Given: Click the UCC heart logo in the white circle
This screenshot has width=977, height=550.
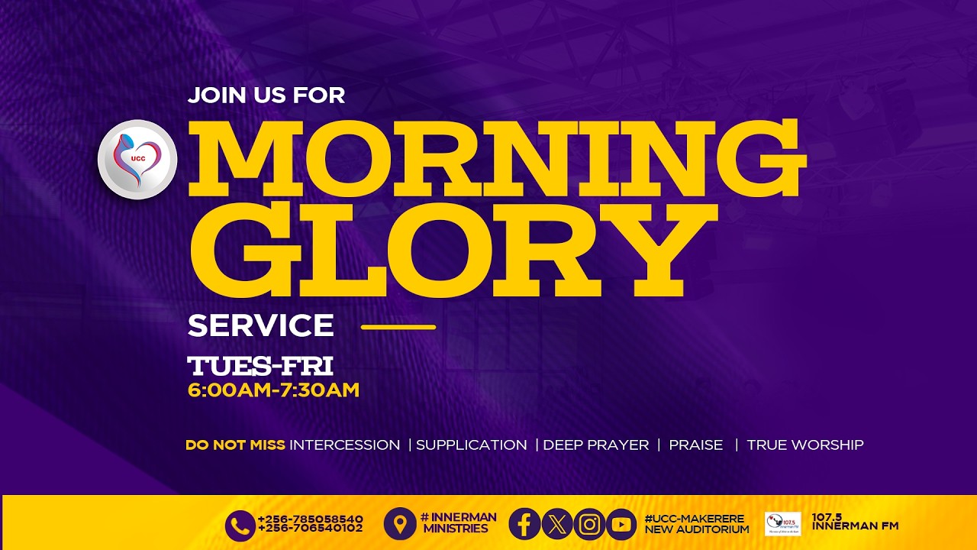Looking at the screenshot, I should coord(137,160).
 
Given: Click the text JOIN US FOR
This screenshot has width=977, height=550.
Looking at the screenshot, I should coord(266,95).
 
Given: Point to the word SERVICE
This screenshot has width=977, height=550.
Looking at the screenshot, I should coord(260,325).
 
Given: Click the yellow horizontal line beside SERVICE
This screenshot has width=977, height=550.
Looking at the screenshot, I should coord(398,327).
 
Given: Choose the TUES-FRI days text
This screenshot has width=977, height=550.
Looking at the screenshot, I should coord(260,365).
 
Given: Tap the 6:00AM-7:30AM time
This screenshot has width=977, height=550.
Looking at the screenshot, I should coord(273,390).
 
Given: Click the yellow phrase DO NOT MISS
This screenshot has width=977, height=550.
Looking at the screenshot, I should coord(235,445).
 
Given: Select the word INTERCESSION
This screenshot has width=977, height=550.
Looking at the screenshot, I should coord(344,445).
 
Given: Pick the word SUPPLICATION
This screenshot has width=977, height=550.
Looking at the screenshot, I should coord(471,445).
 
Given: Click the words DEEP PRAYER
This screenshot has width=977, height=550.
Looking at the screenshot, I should coord(595,445).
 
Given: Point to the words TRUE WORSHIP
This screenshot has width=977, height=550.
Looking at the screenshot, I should coord(804,445).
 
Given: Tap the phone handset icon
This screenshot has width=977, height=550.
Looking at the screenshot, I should coord(240,525).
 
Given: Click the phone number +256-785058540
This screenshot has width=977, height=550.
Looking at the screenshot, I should coord(310,519).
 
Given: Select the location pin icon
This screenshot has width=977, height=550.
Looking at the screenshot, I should coord(400,524).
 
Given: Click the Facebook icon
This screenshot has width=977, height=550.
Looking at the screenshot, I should coord(524,524).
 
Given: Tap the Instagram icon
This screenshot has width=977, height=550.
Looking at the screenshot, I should coord(588,524).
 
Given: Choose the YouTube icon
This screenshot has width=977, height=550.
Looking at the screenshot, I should coord(621,524).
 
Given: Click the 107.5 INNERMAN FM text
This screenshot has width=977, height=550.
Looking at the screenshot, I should coord(855,522).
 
